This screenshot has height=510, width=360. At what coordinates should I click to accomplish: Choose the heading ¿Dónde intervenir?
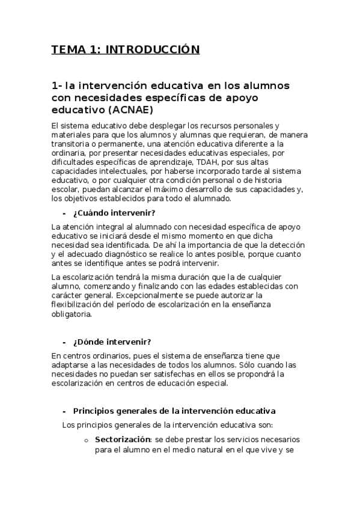click(x=112, y=342)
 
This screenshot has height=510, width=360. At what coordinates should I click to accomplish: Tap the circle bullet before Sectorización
click(x=87, y=440)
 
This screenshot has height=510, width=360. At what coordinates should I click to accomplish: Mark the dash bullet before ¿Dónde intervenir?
click(x=63, y=342)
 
